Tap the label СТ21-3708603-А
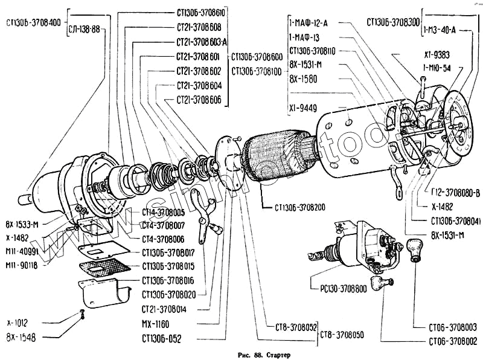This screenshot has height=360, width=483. pos(202,43)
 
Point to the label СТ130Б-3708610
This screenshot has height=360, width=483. pos(202,12)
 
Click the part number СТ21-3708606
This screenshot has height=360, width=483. pos(199,99)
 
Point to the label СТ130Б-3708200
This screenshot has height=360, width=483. pos(300,208)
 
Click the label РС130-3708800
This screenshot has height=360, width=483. pos(337,288)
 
